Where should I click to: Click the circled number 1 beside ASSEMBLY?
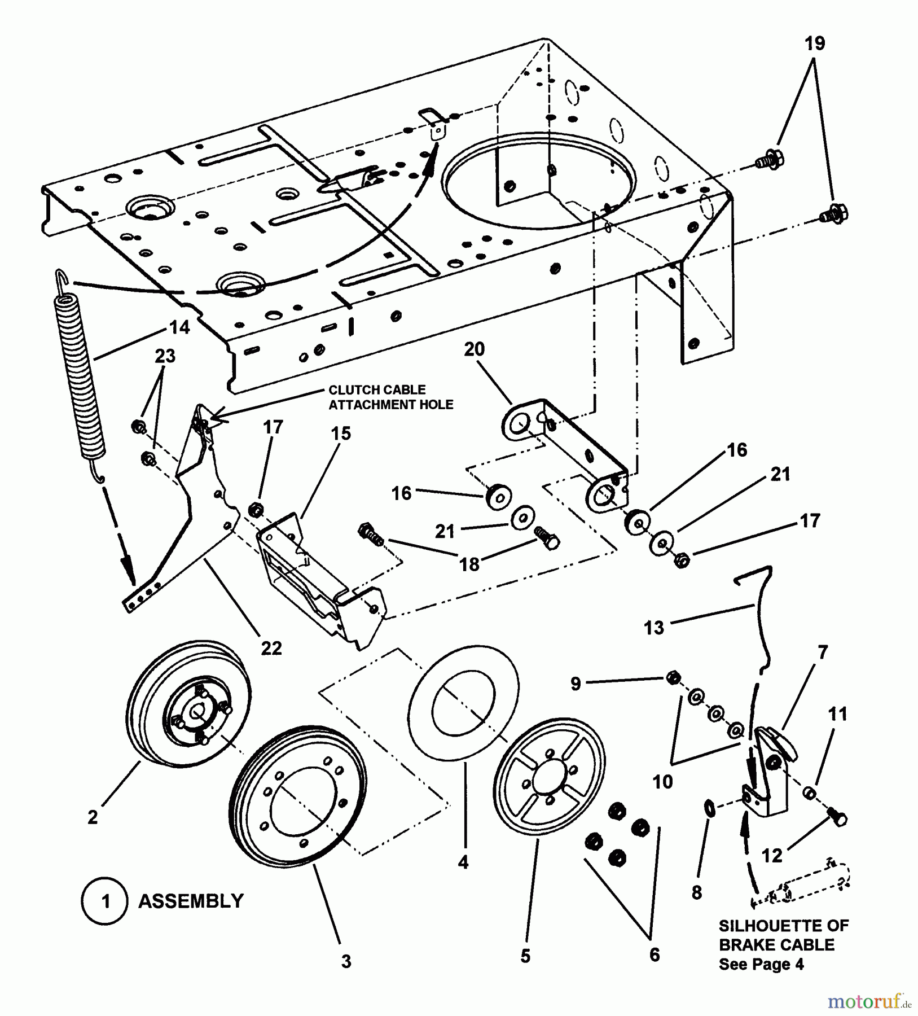(106, 901)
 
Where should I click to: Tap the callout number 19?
(814, 43)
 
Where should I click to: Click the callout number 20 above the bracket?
(474, 349)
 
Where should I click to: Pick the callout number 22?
(271, 648)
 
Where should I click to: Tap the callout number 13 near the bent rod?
(654, 627)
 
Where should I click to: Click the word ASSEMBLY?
(191, 901)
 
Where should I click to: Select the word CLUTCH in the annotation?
(353, 390)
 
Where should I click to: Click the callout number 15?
(340, 433)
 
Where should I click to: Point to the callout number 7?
(823, 652)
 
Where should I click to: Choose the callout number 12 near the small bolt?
(772, 856)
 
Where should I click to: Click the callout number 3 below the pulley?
(346, 961)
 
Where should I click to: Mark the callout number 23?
(165, 356)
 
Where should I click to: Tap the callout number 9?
(575, 684)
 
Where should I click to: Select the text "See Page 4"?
(761, 964)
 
